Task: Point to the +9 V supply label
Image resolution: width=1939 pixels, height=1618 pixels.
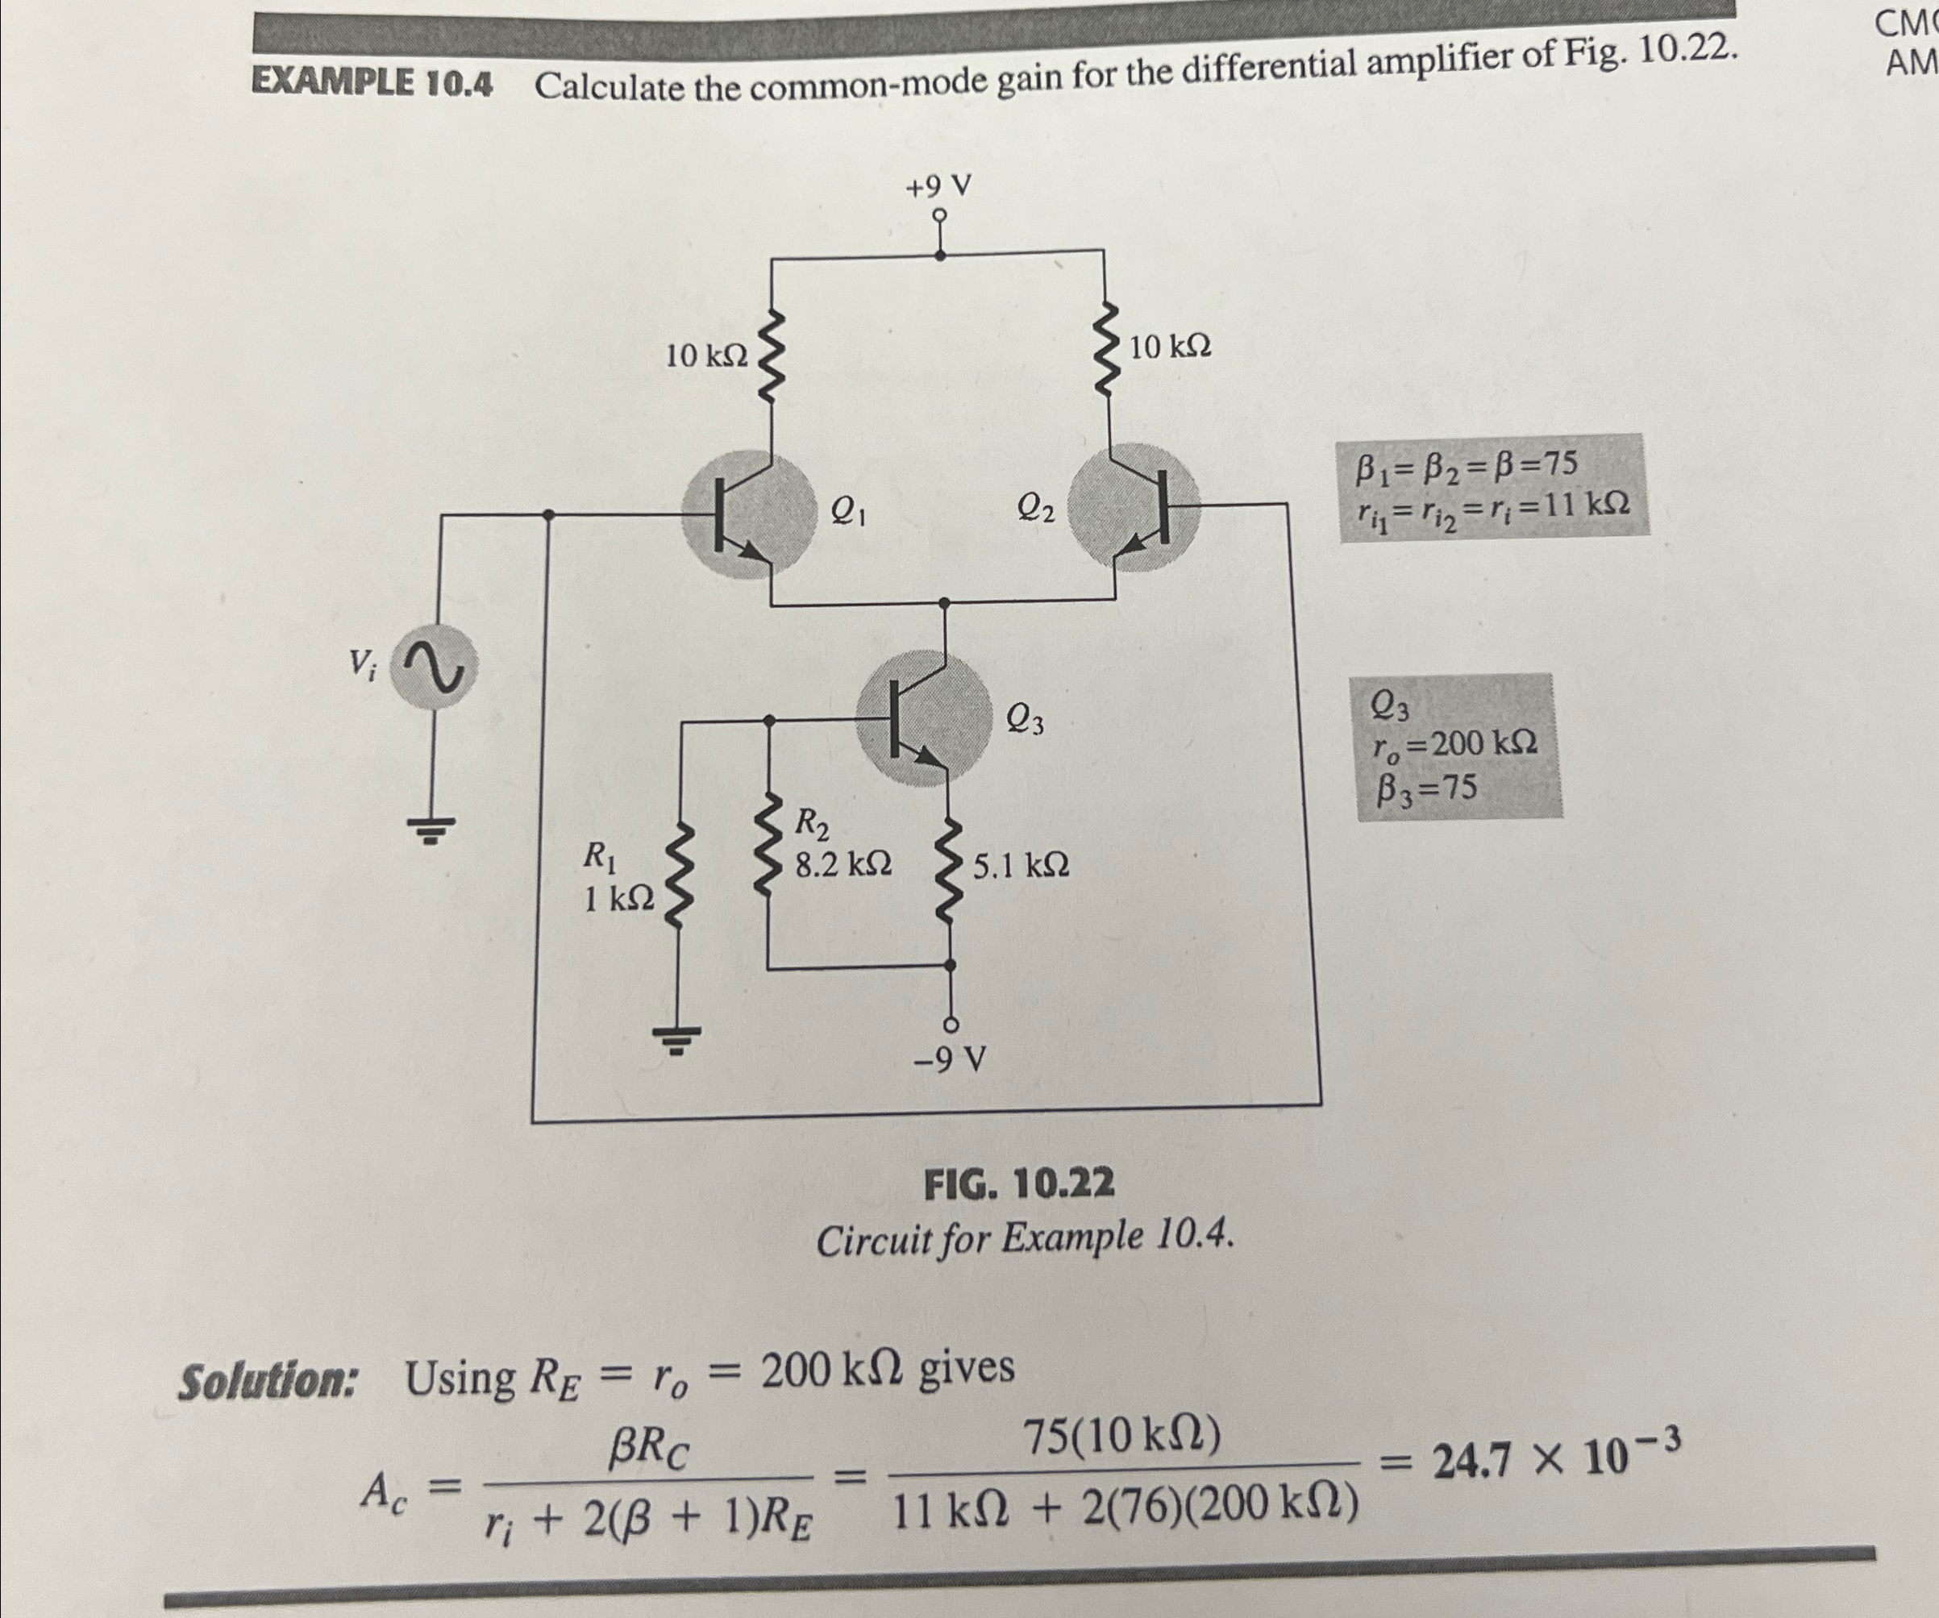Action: click(x=938, y=188)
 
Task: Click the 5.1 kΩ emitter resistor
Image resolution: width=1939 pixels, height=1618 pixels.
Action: click(x=948, y=868)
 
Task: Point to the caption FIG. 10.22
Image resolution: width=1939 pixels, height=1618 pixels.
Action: click(x=1019, y=1184)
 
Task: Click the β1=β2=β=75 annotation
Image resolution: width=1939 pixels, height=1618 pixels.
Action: click(x=1467, y=467)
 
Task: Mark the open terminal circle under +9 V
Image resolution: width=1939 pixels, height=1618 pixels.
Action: click(x=940, y=216)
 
